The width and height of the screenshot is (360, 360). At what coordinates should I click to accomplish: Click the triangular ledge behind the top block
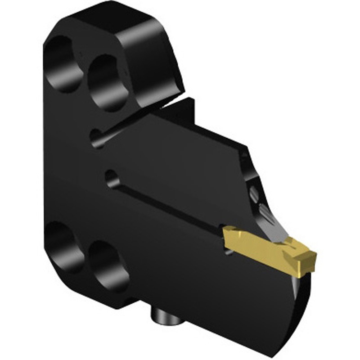(x=180, y=108)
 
